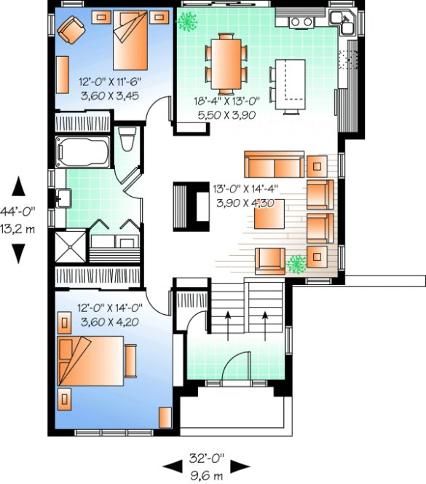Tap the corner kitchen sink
point(342,21)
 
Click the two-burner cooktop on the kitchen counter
point(300,22)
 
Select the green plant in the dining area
point(188,23)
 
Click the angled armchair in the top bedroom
point(73,30)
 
